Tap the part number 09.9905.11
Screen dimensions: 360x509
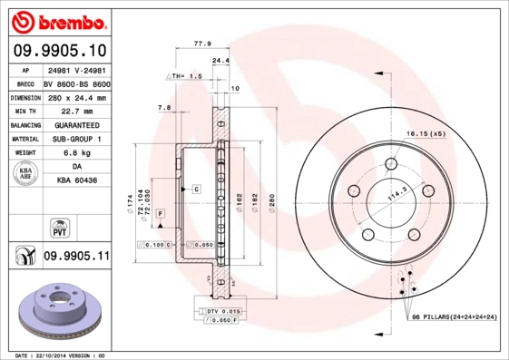point(76,257)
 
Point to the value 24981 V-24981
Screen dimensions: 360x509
point(76,70)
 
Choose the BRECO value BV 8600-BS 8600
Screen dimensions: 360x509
point(76,83)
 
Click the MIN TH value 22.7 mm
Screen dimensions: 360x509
point(76,111)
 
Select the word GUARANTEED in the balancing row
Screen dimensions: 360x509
point(76,124)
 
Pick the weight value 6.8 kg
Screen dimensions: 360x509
point(76,153)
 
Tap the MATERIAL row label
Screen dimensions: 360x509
point(24,139)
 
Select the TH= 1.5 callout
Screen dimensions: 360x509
point(185,78)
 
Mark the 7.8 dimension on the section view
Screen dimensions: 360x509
point(164,108)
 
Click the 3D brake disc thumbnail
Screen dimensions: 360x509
point(56,309)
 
